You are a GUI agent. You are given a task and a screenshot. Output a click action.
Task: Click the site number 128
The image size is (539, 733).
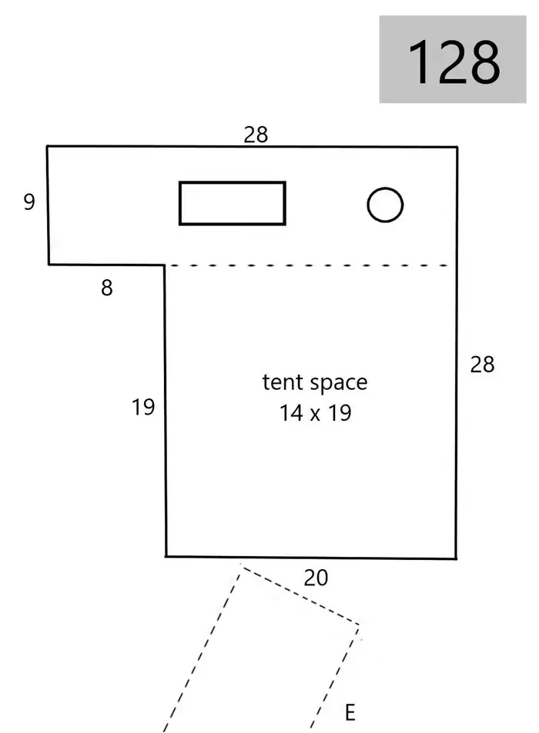pos(454,62)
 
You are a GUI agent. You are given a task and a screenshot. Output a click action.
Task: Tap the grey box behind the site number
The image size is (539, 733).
pos(453,59)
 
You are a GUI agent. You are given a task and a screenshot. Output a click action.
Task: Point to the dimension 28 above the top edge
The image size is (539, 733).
pos(256,135)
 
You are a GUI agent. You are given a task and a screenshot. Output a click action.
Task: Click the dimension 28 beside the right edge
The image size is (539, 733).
pos(482,365)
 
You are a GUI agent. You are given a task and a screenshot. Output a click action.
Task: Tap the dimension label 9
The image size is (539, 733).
pos(29,202)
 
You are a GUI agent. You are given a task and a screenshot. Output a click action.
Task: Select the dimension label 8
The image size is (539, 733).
pos(107,288)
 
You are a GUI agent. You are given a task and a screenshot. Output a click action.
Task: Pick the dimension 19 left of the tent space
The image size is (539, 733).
pos(143,407)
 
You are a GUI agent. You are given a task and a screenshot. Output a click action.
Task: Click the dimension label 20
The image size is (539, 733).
pos(316,578)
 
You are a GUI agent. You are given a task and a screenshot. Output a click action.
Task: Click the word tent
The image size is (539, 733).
pos(282,382)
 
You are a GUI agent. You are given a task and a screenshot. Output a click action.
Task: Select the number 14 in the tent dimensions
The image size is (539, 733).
pos(290,413)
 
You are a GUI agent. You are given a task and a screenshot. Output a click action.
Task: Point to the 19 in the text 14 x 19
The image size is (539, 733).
pos(340,413)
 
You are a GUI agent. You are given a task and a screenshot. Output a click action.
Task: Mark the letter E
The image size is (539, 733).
pos(350,713)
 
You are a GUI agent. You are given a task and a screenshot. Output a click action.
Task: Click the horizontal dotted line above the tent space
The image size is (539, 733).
pos(309,265)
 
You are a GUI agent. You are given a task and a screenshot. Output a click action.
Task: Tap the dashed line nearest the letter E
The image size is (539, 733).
pos(335,678)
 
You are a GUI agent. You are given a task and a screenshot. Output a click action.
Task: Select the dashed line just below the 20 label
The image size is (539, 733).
pos(300,595)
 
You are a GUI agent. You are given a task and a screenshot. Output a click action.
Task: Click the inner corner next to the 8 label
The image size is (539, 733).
pos(164,265)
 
